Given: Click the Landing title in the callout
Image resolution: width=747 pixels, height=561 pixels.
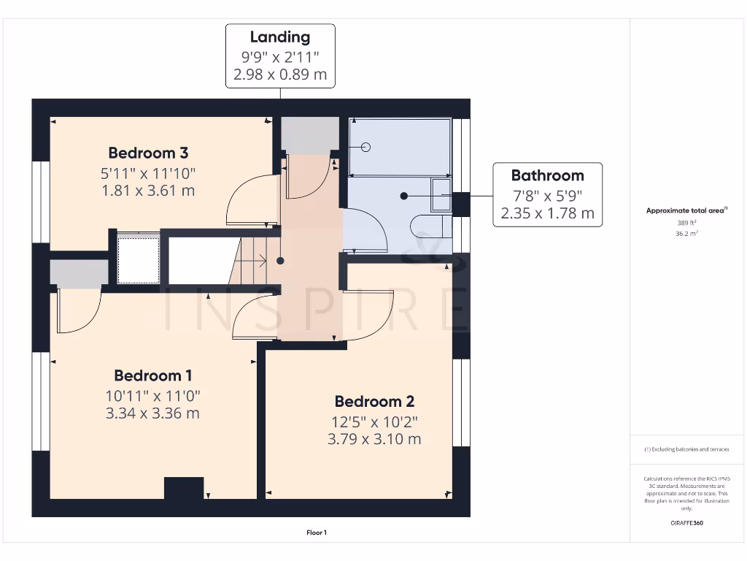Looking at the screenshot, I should pos(280,37).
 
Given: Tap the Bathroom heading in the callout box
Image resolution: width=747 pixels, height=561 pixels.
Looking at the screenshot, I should pos(547,175).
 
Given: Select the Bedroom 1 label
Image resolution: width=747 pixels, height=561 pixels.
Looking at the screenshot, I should pos(153,375).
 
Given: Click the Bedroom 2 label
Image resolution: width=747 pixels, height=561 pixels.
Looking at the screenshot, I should pos(374,401).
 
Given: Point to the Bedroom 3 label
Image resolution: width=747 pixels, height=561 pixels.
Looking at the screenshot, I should pos(148,153).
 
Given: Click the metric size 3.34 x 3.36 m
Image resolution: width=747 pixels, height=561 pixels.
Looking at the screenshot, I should pos(153,413).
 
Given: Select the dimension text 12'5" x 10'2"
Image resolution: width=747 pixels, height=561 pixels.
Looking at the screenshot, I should pos(374,421).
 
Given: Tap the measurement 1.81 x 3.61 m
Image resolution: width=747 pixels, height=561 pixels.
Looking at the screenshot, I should pos(148,191).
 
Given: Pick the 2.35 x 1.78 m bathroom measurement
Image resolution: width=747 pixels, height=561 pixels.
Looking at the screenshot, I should pos(547,213).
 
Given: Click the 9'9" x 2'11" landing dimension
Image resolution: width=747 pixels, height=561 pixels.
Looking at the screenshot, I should pos(280,56).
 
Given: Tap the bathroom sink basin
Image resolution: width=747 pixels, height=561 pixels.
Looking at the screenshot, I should pos(441,195).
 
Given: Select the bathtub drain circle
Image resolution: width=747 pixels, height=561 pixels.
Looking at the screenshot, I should pos(366,148).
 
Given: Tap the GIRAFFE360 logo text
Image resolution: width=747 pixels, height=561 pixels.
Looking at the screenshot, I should pos(686,523).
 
